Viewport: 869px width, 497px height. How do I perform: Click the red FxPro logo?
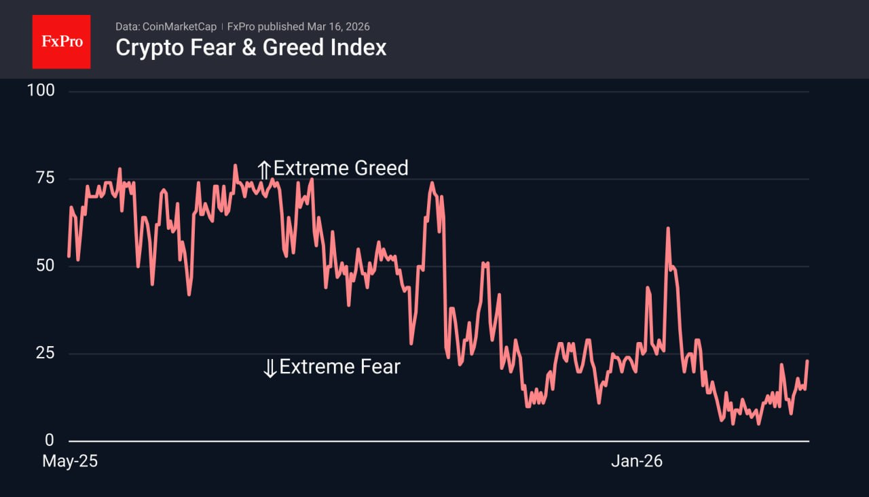click(61, 41)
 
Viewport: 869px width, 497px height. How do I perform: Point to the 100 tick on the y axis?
click(40, 91)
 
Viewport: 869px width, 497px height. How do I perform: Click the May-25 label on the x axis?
click(70, 461)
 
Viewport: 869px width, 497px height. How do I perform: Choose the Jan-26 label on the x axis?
click(636, 461)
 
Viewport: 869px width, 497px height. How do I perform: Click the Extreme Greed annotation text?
click(341, 168)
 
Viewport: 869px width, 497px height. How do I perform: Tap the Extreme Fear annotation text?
click(339, 367)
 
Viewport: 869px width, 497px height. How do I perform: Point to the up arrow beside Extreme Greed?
click(264, 169)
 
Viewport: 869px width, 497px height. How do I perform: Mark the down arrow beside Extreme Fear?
click(270, 369)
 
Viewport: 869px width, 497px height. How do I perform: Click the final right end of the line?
click(807, 361)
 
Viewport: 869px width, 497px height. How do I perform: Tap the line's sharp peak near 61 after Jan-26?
click(668, 228)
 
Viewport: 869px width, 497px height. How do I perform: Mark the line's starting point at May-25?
click(69, 256)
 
